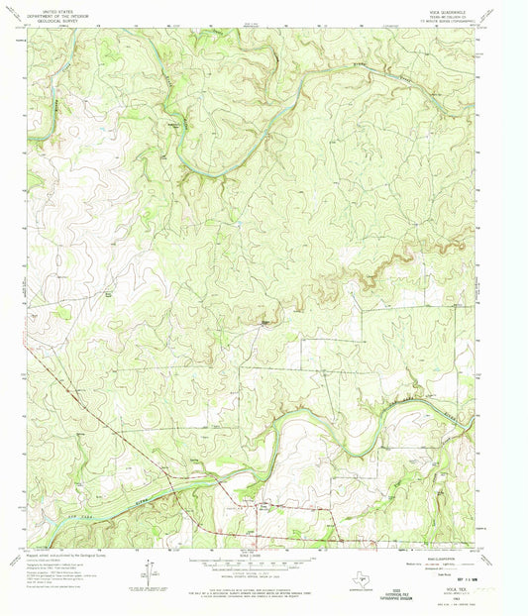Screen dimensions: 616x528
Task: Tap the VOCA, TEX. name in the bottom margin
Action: pyautogui.click(x=461, y=584)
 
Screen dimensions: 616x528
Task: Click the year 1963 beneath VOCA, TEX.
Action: pyautogui.click(x=461, y=591)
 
